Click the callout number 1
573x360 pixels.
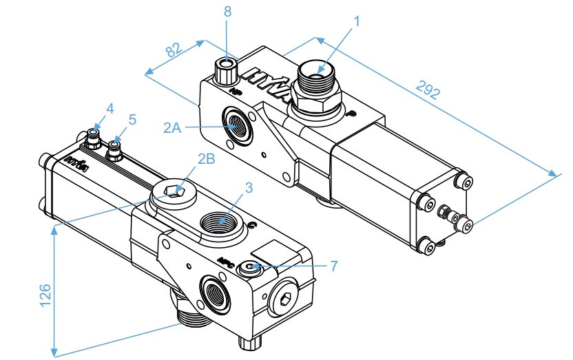(x=357, y=21)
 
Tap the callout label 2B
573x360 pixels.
(x=206, y=158)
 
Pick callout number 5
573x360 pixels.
(x=132, y=118)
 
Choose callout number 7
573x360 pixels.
(x=334, y=264)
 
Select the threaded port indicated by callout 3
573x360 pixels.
(x=221, y=224)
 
